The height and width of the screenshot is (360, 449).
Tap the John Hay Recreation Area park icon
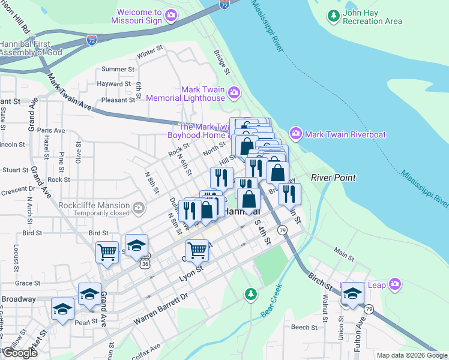point(334,15)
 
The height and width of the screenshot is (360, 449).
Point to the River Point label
point(333,178)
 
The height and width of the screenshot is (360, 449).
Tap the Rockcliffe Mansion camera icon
point(139,208)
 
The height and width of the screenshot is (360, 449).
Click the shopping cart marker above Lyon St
point(197,250)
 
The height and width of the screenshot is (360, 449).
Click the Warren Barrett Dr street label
point(160,308)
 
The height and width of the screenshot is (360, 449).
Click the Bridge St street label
point(222,62)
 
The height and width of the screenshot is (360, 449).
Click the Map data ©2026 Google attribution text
point(412,355)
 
